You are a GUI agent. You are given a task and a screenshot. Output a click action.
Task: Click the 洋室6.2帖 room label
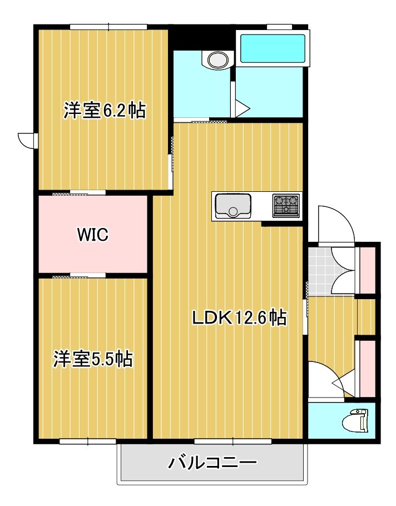pyautogui.click(x=104, y=110)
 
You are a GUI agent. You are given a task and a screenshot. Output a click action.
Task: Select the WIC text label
pyautogui.click(x=93, y=235)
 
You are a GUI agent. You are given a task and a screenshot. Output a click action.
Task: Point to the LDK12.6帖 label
pyautogui.click(x=239, y=318)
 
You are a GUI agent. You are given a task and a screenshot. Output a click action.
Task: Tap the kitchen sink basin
pyautogui.click(x=233, y=206)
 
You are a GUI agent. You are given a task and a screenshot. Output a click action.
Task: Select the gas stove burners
pyautogui.click(x=286, y=205)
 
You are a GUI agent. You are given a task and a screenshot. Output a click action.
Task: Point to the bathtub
pyautogui.click(x=273, y=48)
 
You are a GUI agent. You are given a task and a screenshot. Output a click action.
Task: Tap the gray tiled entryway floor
pyautogui.click(x=323, y=271)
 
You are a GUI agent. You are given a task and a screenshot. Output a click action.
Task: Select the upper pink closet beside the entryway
pyautogui.click(x=368, y=270)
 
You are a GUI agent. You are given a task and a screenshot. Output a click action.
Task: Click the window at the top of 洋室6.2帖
pyautogui.click(x=109, y=27)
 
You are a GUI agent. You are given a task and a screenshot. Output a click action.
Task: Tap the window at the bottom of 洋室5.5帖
pyautogui.click(x=88, y=441)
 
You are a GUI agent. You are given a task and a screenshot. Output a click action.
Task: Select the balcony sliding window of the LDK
pyautogui.click(x=233, y=441)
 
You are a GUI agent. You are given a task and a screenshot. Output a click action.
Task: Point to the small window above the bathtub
pyautogui.click(x=280, y=27)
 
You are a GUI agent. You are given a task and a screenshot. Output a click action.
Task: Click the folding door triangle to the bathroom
pyautogui.click(x=240, y=109)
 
